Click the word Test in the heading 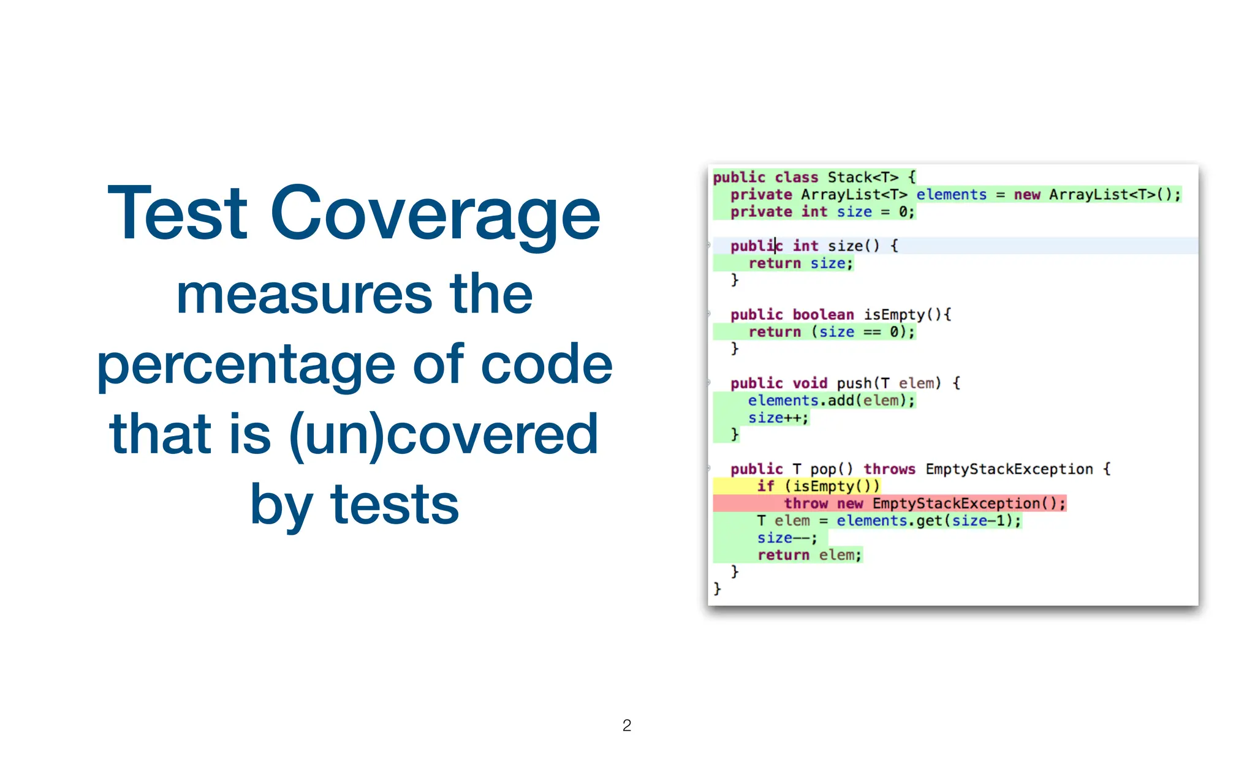[x=178, y=214]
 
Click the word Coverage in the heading [x=435, y=214]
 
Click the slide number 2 [x=626, y=726]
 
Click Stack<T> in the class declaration [x=863, y=178]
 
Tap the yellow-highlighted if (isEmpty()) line [x=818, y=486]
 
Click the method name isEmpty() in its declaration [x=907, y=315]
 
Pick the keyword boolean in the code [x=823, y=315]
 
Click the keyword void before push [x=809, y=383]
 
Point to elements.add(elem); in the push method [x=831, y=401]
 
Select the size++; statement [x=778, y=418]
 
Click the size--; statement [x=787, y=538]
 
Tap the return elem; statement [x=809, y=555]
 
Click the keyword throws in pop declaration [x=889, y=469]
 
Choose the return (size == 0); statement [x=831, y=332]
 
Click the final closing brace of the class [x=717, y=589]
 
